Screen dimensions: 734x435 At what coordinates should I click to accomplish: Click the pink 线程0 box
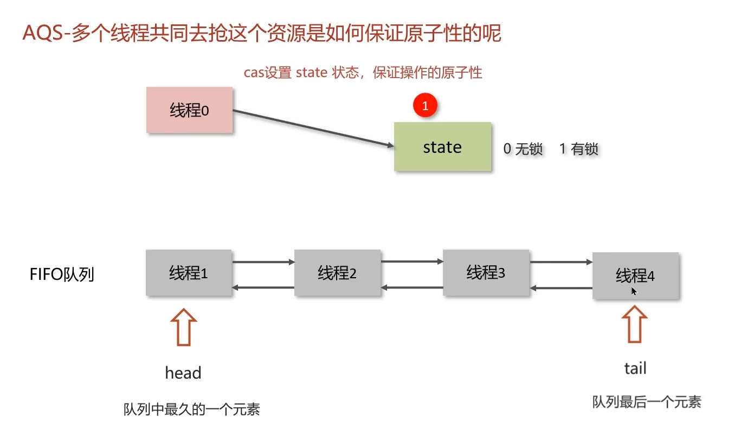(x=189, y=110)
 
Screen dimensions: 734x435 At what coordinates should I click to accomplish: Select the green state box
(x=442, y=146)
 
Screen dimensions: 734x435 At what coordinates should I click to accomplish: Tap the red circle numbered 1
(x=425, y=106)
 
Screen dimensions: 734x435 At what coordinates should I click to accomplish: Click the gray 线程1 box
(x=189, y=273)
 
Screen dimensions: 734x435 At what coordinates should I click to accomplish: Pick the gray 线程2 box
(x=338, y=273)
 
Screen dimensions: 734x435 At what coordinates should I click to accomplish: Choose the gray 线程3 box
(x=486, y=273)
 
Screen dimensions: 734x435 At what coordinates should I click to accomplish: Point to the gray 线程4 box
(x=635, y=276)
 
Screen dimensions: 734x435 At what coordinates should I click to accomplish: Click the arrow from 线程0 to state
(x=313, y=128)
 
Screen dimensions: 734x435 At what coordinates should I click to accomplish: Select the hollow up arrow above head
(x=183, y=327)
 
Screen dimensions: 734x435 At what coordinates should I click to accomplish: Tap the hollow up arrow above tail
(x=634, y=324)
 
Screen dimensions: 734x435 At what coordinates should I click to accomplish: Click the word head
(x=183, y=373)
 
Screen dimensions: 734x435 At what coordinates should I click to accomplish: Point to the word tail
(x=635, y=368)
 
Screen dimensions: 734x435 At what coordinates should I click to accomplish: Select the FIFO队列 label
(x=62, y=274)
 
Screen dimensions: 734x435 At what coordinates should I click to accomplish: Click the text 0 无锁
(x=523, y=149)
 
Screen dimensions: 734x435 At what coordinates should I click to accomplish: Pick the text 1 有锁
(x=578, y=149)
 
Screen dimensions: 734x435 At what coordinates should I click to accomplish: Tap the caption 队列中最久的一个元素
(x=192, y=410)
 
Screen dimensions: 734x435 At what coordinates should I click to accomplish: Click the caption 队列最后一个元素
(x=647, y=402)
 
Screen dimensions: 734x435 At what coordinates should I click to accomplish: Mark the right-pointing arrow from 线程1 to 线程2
(x=263, y=262)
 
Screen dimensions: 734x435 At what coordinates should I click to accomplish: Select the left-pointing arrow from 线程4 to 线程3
(x=561, y=288)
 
